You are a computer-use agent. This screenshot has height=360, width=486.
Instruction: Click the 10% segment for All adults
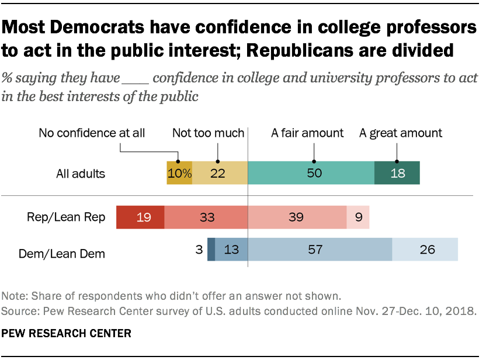coord(179,173)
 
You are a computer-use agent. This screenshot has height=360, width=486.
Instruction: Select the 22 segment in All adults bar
coord(219,173)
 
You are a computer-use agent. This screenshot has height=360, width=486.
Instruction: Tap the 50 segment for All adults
coord(311,173)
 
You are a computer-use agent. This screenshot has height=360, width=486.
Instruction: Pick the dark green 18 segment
coord(397,173)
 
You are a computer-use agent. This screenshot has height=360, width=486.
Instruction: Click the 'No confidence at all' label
coord(92,133)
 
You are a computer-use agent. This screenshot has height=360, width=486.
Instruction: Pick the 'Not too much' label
coord(208,133)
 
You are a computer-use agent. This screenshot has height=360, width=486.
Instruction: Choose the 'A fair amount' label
coord(307,133)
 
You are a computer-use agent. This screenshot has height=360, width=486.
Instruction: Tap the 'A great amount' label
coord(401,133)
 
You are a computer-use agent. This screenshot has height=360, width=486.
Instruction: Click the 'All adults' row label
coord(81,174)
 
